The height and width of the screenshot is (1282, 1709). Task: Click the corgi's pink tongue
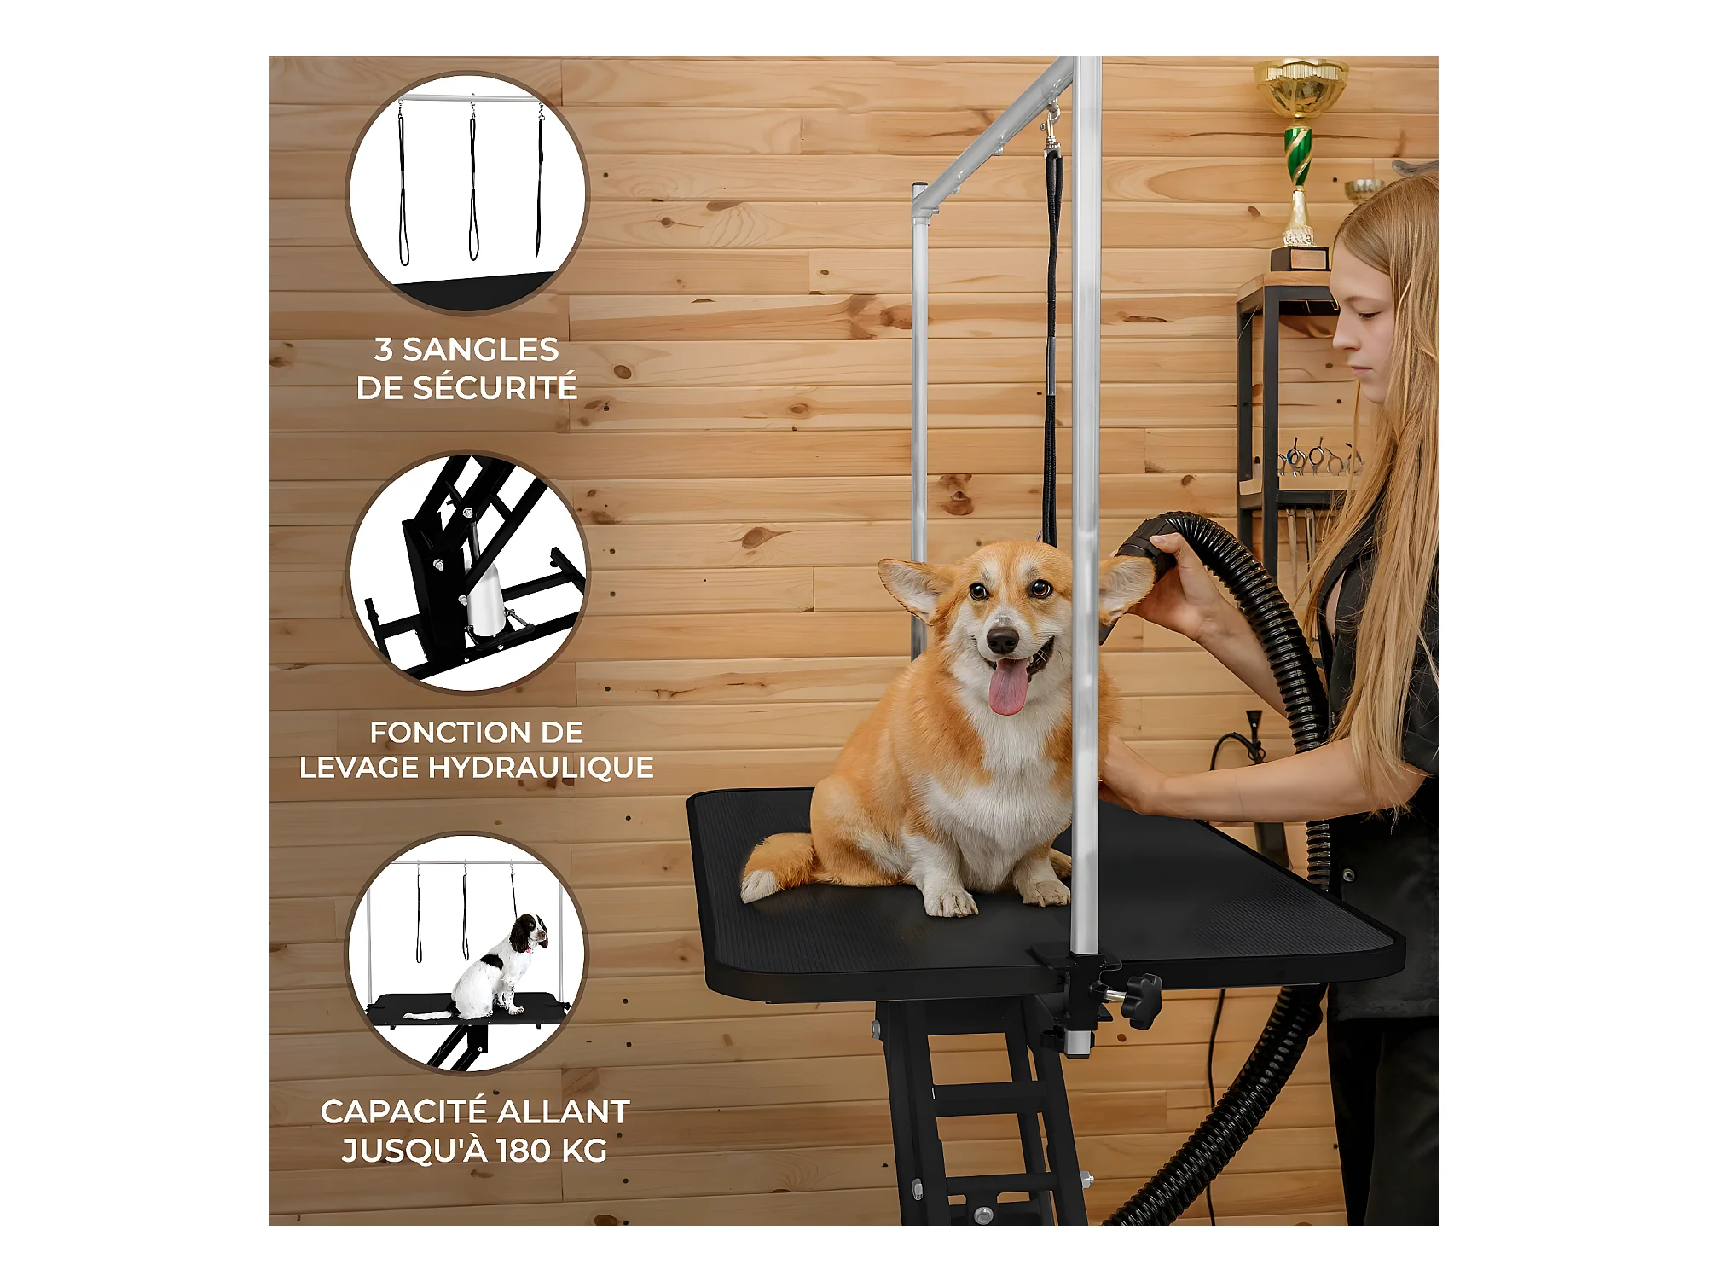pos(1008,686)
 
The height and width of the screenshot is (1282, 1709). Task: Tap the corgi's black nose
pos(1002,639)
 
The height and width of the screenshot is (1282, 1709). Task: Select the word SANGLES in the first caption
pos(480,350)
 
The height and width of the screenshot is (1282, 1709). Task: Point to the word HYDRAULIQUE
pos(541,768)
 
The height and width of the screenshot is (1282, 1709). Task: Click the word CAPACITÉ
pos(404,1112)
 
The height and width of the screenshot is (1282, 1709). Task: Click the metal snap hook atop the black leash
pos(1052,126)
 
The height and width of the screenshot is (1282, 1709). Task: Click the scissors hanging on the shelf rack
pos(1319,458)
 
